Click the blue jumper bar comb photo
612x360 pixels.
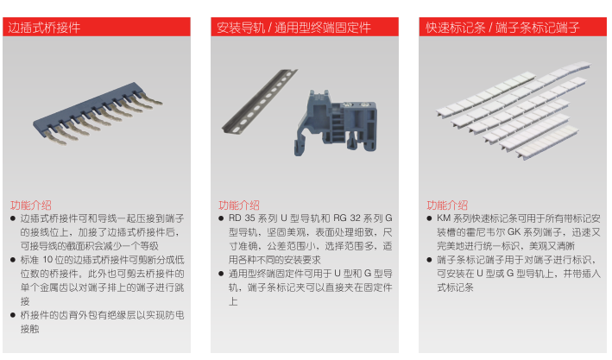[x=98, y=112]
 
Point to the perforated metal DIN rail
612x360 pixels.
[x=259, y=101]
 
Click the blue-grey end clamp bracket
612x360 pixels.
[x=336, y=123]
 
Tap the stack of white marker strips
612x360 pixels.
[x=514, y=110]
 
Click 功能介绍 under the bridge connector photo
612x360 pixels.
[x=31, y=205]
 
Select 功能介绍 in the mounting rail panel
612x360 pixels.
[x=239, y=205]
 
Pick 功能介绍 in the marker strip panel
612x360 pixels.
[x=447, y=205]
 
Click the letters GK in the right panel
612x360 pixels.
[x=514, y=232]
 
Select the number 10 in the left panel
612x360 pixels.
[x=47, y=260]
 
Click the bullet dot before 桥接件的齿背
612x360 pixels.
[x=13, y=315]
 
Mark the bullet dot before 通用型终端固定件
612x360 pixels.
[x=221, y=274]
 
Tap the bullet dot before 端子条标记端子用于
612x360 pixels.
[x=429, y=260]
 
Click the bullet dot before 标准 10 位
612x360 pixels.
[x=13, y=260]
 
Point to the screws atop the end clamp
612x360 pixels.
[x=356, y=104]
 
